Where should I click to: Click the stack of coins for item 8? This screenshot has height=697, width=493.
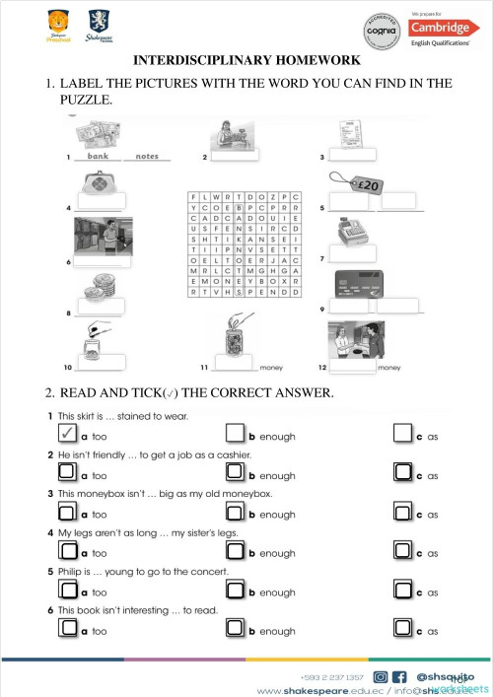point(93,291)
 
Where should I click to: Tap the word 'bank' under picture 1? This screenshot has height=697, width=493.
point(97,156)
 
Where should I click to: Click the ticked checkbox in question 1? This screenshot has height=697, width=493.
point(63,433)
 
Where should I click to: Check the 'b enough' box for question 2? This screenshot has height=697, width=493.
point(235,472)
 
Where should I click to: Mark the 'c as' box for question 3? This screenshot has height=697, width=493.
point(402,512)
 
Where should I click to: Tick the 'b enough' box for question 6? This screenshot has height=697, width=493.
point(235,629)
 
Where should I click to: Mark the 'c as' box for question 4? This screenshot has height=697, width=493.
point(402,551)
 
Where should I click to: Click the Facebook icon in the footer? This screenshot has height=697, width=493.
point(400,677)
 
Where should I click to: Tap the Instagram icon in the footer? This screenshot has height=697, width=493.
point(381,677)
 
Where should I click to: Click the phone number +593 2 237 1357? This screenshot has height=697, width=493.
point(332,677)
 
